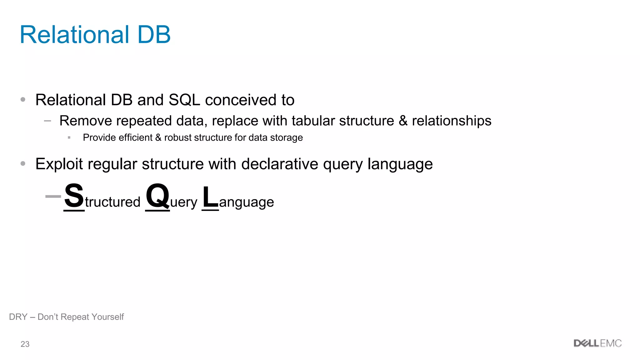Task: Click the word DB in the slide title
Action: click(x=154, y=34)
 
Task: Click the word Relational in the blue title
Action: click(x=74, y=34)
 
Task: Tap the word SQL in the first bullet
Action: click(x=184, y=100)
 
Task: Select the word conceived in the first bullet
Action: click(x=241, y=100)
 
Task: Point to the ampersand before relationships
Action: click(x=403, y=121)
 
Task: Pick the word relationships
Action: click(x=452, y=121)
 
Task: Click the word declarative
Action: click(x=280, y=164)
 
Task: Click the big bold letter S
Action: click(x=74, y=196)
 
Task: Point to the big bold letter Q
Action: click(x=157, y=196)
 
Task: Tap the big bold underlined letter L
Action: click(x=210, y=197)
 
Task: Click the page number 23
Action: click(x=25, y=344)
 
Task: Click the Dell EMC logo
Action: click(x=597, y=343)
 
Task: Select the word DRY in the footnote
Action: click(x=18, y=317)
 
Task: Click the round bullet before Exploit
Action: click(x=23, y=163)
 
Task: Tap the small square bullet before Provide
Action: click(x=69, y=137)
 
